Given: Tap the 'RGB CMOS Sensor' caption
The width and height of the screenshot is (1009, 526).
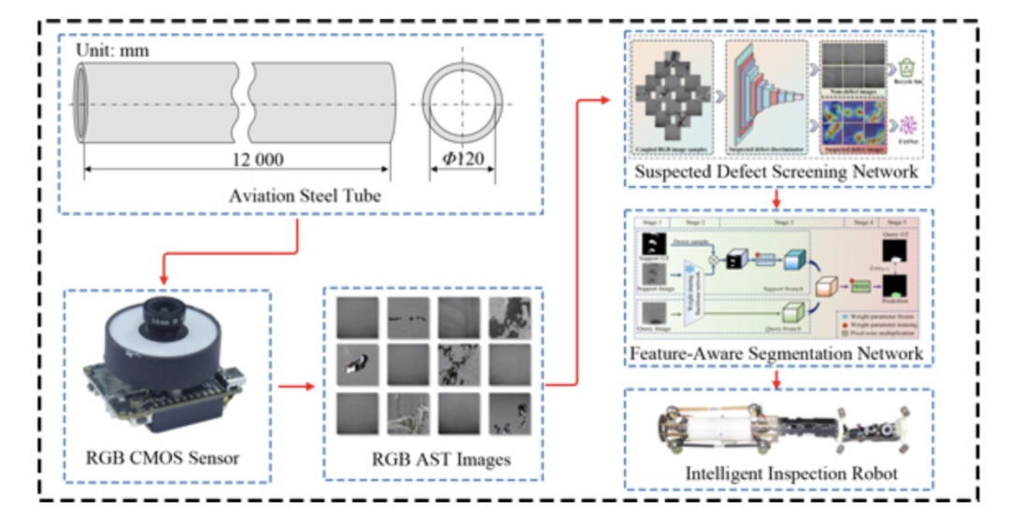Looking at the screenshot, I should tap(161, 458).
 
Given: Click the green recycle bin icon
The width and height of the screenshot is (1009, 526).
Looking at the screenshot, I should tap(905, 67).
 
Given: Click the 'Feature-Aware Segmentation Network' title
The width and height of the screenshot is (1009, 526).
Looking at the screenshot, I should tap(775, 353).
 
